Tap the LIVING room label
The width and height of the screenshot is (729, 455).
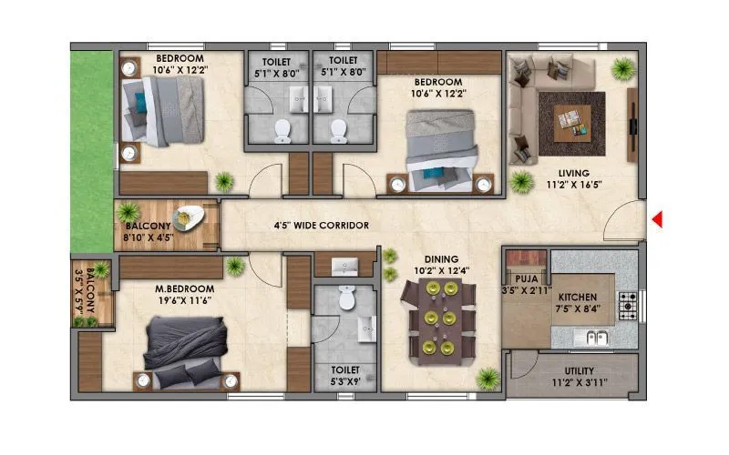[573, 173]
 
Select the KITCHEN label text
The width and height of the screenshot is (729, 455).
[578, 297]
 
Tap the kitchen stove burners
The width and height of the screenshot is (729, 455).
[628, 307]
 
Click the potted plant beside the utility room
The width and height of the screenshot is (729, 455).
[489, 377]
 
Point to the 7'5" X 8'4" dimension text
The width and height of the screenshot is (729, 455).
[578, 309]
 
